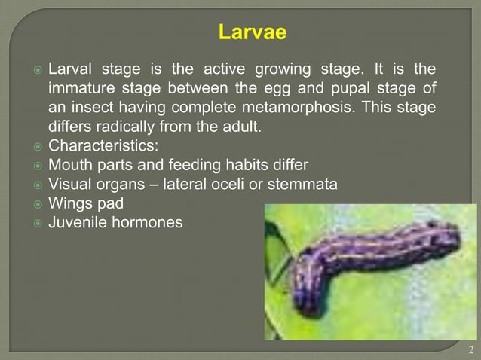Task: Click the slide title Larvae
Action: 252,33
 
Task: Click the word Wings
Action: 72,203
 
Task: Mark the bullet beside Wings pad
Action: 37,203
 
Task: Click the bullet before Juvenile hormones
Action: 37,222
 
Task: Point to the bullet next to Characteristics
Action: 37,146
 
